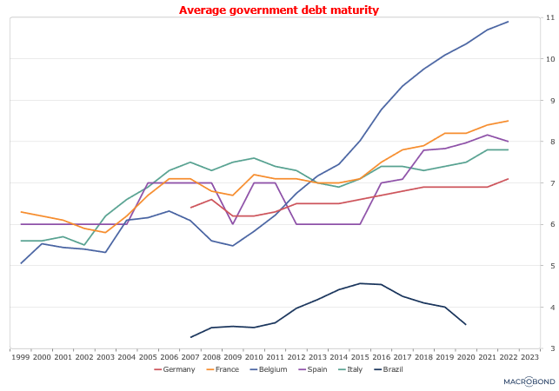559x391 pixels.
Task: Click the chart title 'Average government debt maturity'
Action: tap(279, 10)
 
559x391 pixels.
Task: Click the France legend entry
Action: tap(223, 369)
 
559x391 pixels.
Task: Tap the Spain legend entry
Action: tap(312, 369)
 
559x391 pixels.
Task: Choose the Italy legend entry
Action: tap(351, 369)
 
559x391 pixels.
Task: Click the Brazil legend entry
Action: tap(389, 369)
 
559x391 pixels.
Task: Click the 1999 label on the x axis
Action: tap(21, 356)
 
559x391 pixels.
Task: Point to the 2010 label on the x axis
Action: tap(254, 356)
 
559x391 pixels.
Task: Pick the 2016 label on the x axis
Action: tap(382, 356)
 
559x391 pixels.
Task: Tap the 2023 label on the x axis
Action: tap(529, 356)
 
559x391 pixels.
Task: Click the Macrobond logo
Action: tap(529, 381)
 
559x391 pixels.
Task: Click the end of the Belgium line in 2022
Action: tap(509, 22)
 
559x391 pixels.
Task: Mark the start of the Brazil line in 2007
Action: tap(190, 337)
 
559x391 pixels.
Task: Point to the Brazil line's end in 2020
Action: tap(466, 324)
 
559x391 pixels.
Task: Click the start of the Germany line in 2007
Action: tap(190, 208)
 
